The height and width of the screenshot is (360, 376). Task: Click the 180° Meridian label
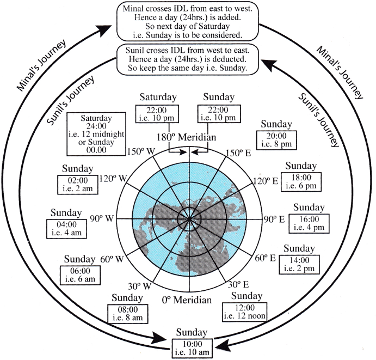tap(186, 137)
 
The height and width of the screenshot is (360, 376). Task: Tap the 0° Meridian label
tap(187, 300)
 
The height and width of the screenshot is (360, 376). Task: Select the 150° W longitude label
tap(141, 152)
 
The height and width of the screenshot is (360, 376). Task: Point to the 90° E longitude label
tap(274, 219)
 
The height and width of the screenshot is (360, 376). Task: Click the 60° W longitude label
tap(112, 259)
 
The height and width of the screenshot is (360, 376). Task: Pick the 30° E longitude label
tap(238, 284)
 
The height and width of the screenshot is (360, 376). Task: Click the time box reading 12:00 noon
tap(245, 312)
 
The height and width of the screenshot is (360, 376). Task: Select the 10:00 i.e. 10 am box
tap(192, 348)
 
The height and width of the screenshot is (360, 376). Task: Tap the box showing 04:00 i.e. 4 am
tap(66, 229)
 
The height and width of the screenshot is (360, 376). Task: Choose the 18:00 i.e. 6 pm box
tap(301, 182)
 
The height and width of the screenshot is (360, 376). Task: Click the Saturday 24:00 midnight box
tap(96, 134)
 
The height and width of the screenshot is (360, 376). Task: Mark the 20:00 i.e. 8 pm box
tap(276, 140)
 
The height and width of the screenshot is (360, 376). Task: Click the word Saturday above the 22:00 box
tap(158, 97)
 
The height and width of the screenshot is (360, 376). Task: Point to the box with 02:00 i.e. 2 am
tap(78, 185)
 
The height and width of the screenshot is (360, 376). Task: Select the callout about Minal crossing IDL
tap(188, 22)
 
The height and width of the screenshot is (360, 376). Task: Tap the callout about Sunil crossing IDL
tap(188, 59)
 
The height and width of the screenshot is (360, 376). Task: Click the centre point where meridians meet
tap(189, 219)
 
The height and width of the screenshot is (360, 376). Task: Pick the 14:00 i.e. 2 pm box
tap(299, 265)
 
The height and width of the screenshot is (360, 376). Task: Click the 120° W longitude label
tap(113, 179)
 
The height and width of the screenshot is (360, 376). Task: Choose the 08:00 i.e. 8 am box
tap(128, 314)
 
